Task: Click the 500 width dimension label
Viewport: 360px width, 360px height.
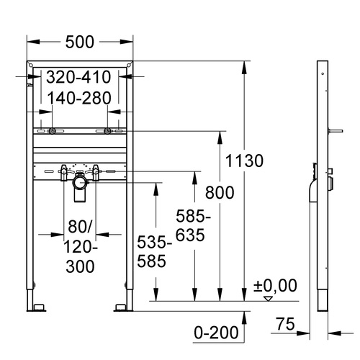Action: pos(80,42)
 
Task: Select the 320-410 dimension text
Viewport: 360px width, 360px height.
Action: pos(78,77)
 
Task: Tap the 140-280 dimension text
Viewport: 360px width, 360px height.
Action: pos(79,98)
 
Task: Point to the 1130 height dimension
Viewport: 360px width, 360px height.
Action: pos(244,161)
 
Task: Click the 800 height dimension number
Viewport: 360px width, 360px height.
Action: pos(220,192)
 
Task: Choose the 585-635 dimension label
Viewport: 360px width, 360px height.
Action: pos(193,225)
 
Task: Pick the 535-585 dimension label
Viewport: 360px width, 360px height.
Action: pos(154,251)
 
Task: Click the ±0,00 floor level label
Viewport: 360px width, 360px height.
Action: pos(275,285)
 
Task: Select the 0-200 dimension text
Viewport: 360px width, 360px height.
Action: pos(216,333)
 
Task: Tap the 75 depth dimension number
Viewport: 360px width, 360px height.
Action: pos(285,324)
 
